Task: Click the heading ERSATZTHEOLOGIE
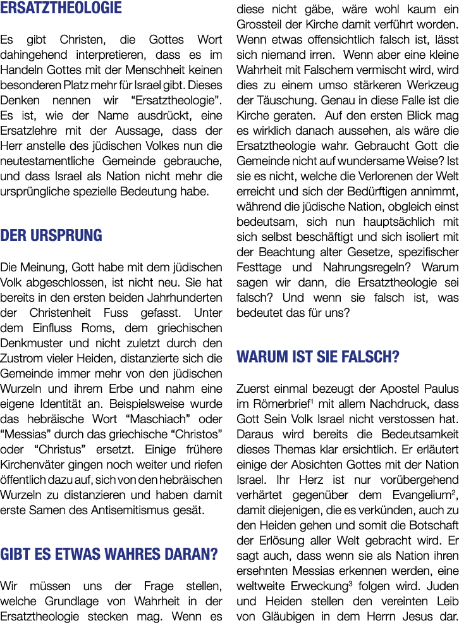pos(61,8)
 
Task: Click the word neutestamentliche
pos(47,161)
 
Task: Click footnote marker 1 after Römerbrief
pos(312,401)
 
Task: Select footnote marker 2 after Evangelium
pos(453,492)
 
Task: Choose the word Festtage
pos(259,268)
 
